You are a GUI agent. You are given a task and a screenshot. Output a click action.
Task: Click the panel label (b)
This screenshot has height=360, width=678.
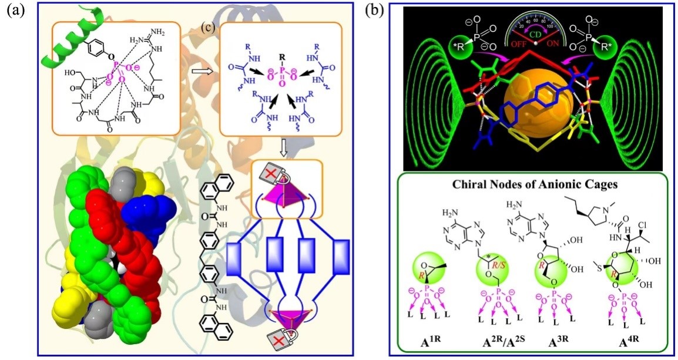[375, 11]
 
